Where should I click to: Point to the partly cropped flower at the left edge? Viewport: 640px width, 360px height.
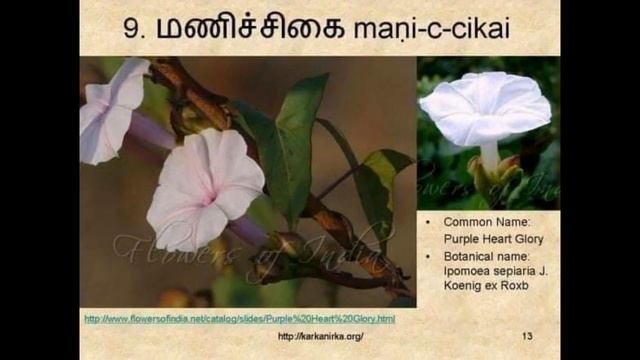pos(110,109)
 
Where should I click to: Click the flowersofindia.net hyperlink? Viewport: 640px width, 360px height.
pos(239,319)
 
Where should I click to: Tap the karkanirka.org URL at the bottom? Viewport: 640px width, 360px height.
pos(320,336)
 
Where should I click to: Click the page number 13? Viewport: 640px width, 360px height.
pos(527,336)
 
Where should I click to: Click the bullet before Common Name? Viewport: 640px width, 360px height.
pos(429,222)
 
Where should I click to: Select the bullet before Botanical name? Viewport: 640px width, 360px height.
pos(429,256)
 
